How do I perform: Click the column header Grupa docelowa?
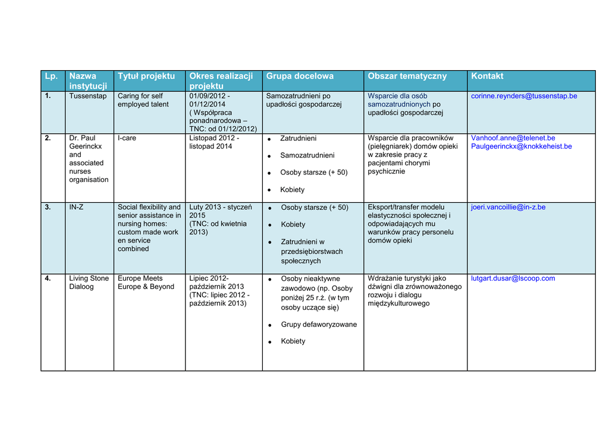(x=300, y=76)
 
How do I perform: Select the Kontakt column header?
(x=487, y=76)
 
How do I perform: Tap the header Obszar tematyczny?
(x=407, y=76)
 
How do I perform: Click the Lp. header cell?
(x=51, y=76)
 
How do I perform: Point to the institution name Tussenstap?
(x=87, y=96)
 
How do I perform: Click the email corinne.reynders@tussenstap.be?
(x=524, y=96)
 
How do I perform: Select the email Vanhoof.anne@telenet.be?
(x=513, y=138)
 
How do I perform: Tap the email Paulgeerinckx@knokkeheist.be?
(x=521, y=146)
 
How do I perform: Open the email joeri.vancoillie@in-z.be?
(x=508, y=207)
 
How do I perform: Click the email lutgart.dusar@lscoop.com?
(x=513, y=278)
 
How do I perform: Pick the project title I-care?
(x=127, y=138)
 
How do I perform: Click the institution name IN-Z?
(x=76, y=207)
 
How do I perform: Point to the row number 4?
(x=48, y=278)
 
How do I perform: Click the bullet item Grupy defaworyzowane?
(x=319, y=325)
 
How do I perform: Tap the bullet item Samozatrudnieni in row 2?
(x=307, y=155)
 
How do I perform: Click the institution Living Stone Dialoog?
(x=89, y=282)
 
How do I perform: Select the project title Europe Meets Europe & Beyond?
(x=146, y=282)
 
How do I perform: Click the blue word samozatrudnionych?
(x=398, y=105)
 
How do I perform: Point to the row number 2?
(x=48, y=138)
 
